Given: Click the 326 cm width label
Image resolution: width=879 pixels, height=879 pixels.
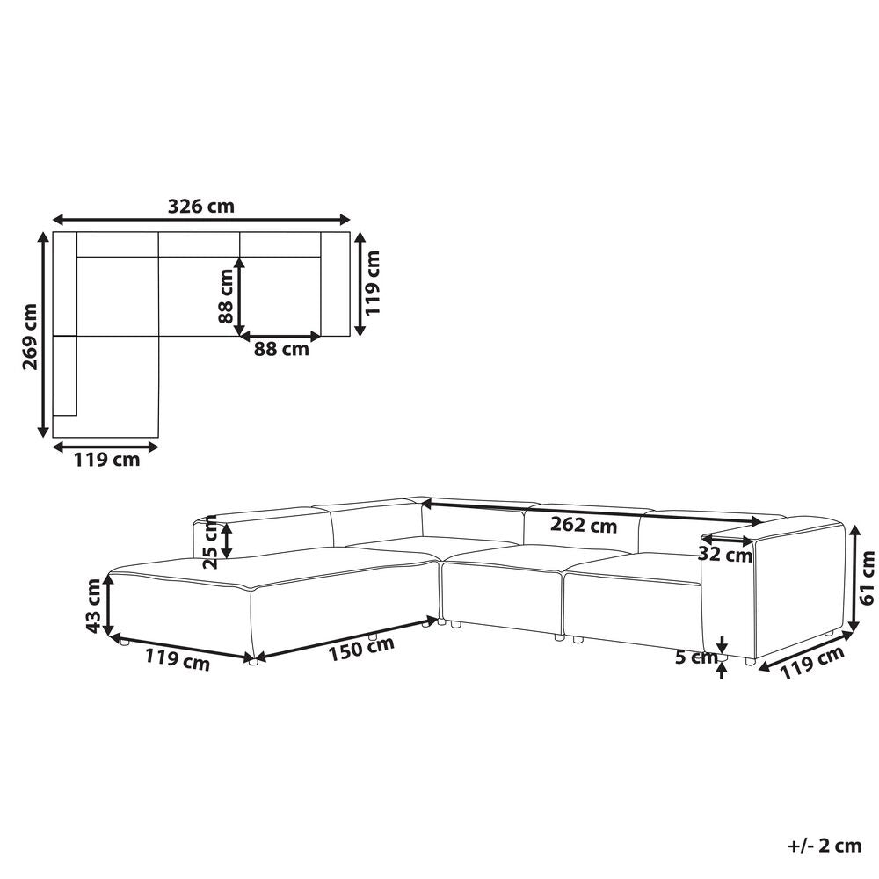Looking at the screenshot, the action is point(201,207).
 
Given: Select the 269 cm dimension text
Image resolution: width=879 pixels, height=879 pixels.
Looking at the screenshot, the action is point(30,337).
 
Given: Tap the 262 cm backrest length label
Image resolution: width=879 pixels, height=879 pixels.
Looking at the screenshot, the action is point(584,525).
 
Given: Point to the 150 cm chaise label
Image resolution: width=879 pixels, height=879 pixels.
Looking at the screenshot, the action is point(361,649).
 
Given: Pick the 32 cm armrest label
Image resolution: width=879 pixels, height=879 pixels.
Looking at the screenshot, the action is point(725,555).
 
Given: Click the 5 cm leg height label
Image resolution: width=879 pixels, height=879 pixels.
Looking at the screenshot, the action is point(696,657).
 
